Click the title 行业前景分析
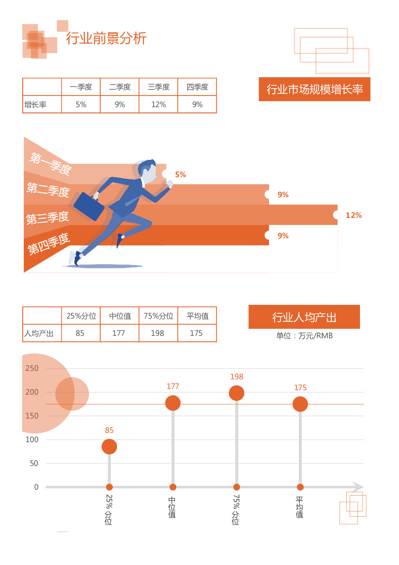(106, 38)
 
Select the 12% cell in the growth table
(158, 105)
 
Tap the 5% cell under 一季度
(81, 105)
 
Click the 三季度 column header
(158, 87)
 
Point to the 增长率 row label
(35, 105)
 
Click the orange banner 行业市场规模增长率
(314, 89)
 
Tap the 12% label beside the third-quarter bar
(354, 215)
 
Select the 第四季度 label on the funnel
(48, 244)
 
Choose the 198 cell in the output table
(158, 333)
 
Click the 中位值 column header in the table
(120, 316)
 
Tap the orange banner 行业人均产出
(304, 317)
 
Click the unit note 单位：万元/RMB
(304, 336)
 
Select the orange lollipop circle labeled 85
(109, 447)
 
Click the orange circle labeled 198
(237, 393)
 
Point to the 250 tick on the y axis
(32, 368)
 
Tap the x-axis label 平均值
(299, 507)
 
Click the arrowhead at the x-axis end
(358, 487)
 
